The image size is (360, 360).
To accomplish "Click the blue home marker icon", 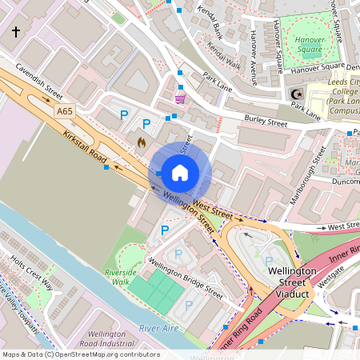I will point(180,172).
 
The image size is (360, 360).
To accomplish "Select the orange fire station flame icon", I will point(142,142).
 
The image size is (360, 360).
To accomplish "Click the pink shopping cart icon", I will point(181,98).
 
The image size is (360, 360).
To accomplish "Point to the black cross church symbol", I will point(16,32).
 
